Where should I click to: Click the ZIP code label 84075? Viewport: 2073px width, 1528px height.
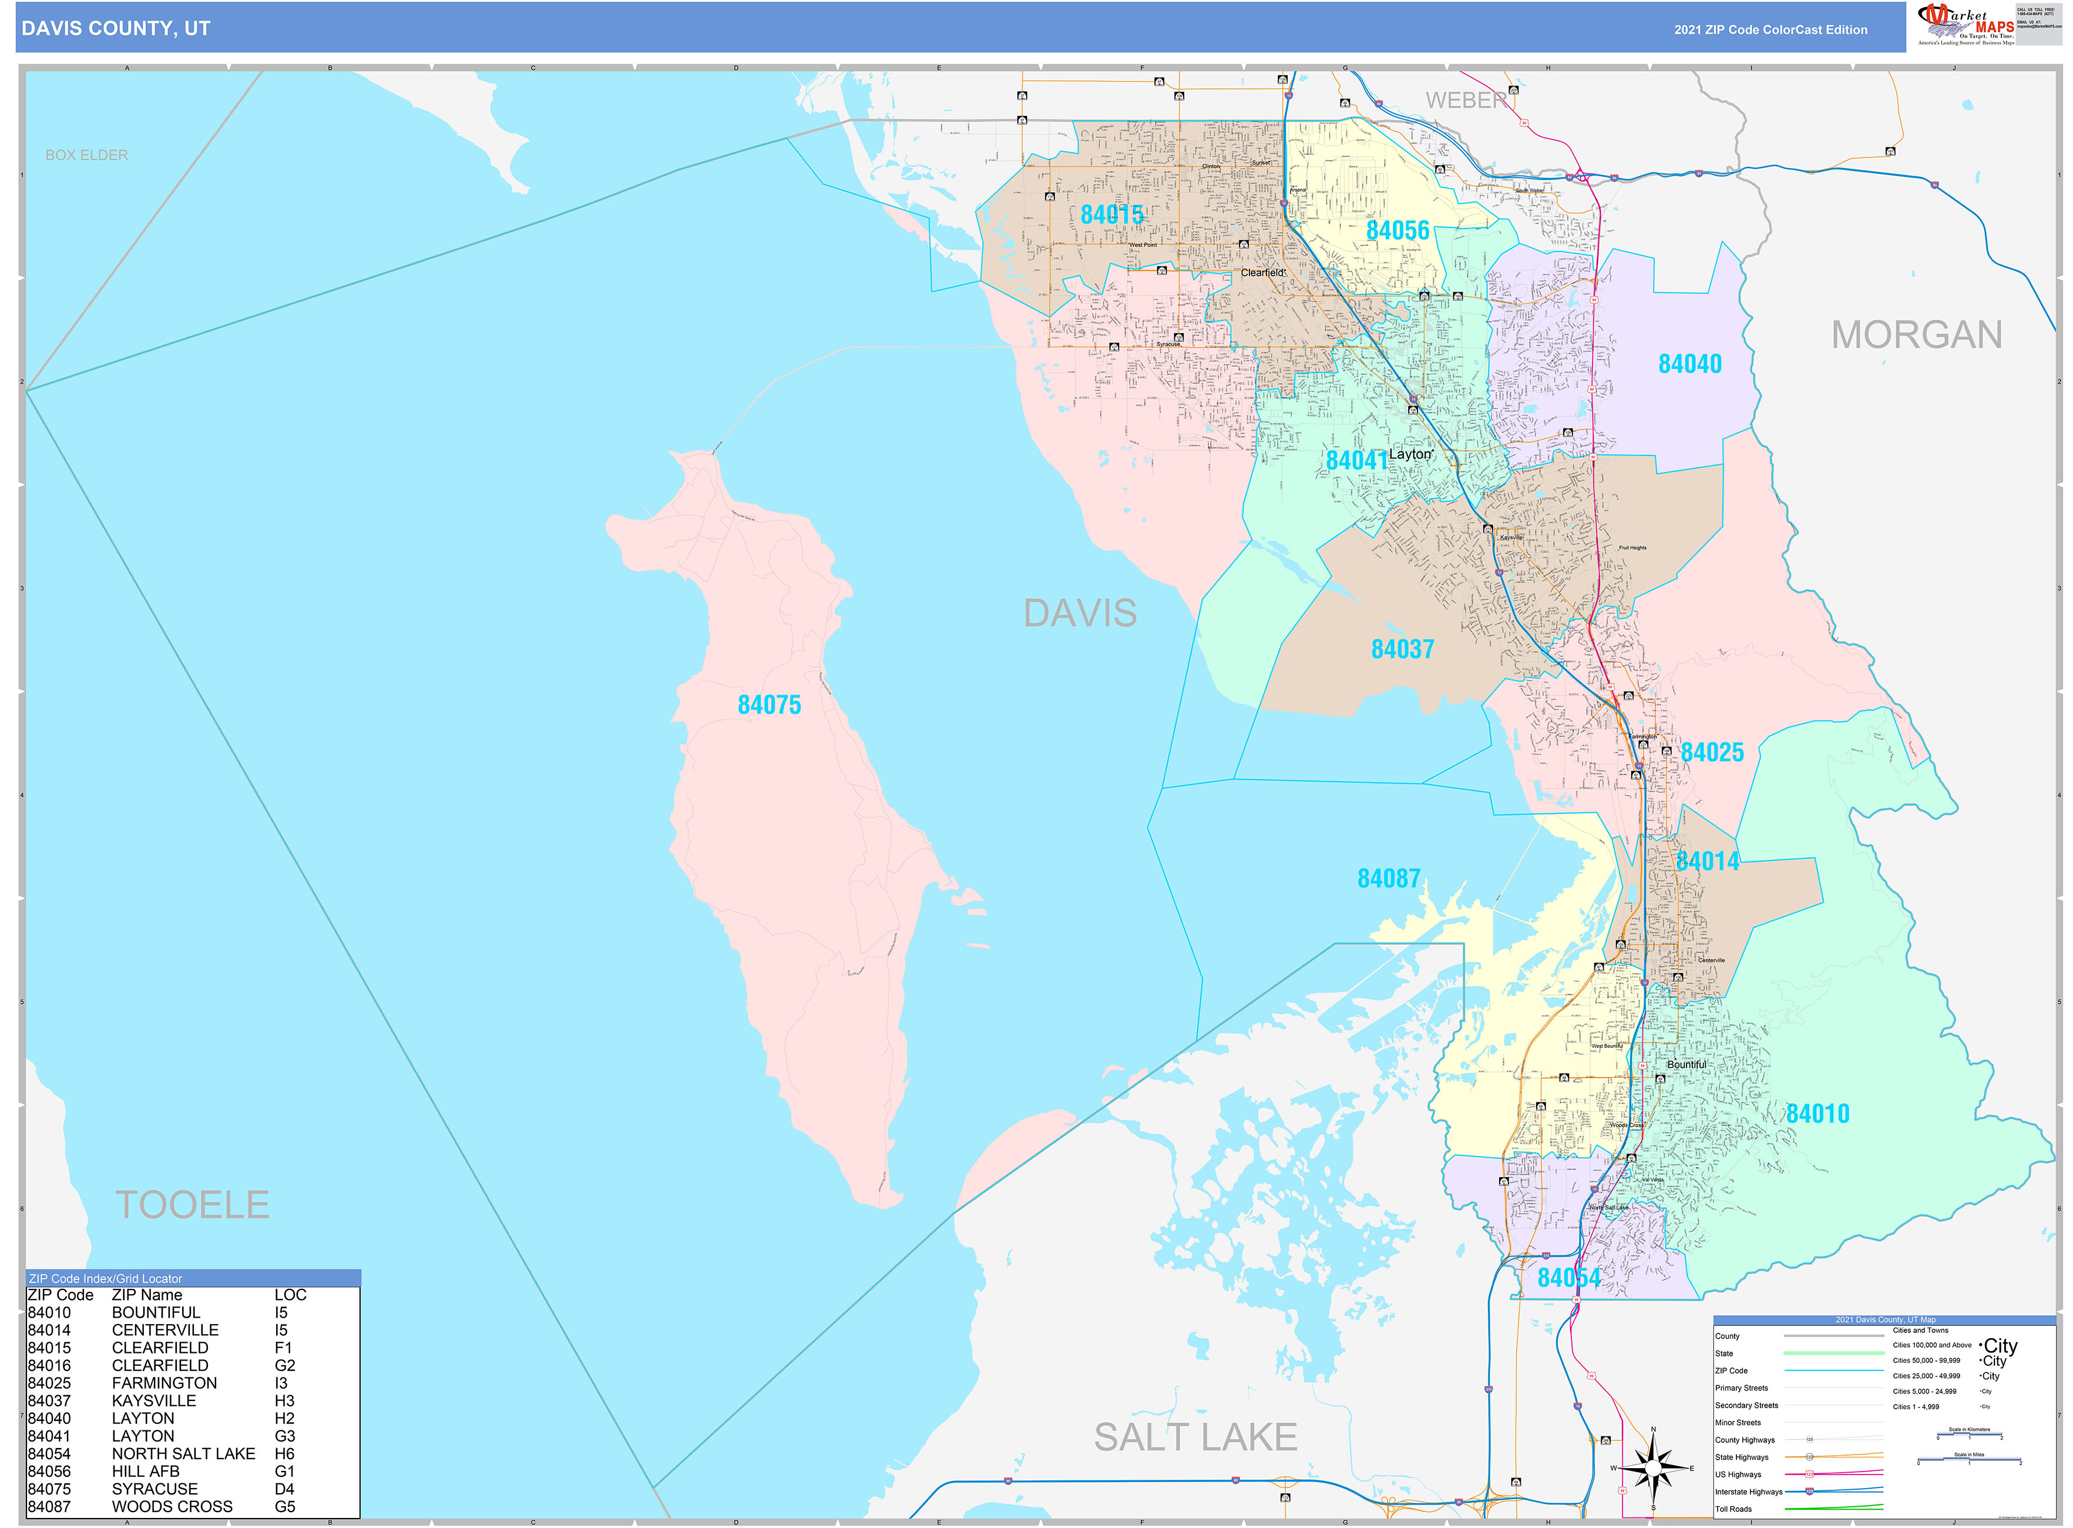pyautogui.click(x=768, y=705)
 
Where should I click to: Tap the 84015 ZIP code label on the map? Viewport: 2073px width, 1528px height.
pyautogui.click(x=1111, y=215)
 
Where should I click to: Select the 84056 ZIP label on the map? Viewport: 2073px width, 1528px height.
pyautogui.click(x=1397, y=230)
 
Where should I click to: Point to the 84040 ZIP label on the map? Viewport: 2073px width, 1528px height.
pyautogui.click(x=1689, y=364)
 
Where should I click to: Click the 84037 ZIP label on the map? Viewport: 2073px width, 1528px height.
pyautogui.click(x=1402, y=649)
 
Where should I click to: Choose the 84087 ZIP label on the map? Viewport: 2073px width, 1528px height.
pyautogui.click(x=1388, y=879)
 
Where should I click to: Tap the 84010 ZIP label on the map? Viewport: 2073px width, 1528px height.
pyautogui.click(x=1817, y=1114)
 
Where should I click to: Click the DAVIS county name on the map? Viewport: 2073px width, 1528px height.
pyautogui.click(x=1079, y=613)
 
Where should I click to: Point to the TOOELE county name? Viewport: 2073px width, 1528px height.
pyautogui.click(x=191, y=1204)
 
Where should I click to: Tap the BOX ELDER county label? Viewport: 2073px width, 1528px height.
pyautogui.click(x=87, y=155)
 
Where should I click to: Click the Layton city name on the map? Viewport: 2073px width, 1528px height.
pyautogui.click(x=1409, y=454)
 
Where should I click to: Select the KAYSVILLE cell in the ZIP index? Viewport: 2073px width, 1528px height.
pyautogui.click(x=153, y=1400)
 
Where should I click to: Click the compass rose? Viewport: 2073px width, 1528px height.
pyautogui.click(x=1652, y=1468)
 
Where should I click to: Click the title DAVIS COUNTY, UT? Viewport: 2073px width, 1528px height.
pyautogui.click(x=116, y=29)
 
